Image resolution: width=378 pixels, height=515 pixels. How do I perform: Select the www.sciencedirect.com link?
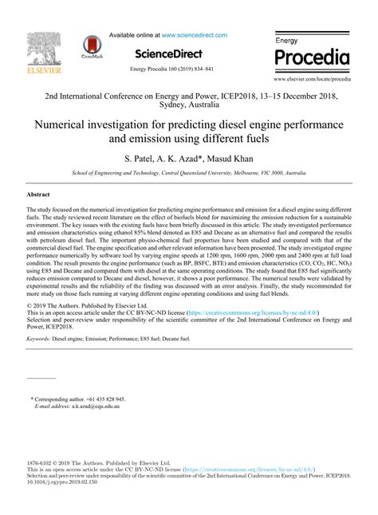(194, 35)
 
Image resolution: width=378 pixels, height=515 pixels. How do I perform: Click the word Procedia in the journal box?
(313, 57)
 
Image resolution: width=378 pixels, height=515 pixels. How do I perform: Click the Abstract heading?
(39, 195)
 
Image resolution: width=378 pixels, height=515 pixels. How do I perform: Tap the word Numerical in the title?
(64, 125)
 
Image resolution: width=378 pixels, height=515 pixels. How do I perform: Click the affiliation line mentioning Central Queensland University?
(188, 172)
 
